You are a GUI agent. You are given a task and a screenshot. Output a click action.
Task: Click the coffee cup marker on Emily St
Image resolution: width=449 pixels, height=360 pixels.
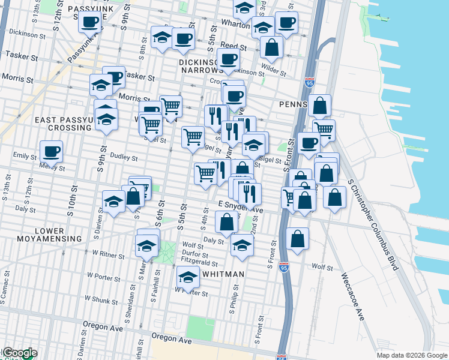51,151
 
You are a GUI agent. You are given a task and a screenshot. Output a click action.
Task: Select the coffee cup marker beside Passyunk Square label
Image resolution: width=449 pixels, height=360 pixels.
90,23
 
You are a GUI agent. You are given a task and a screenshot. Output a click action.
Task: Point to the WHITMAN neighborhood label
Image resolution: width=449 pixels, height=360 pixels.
223,274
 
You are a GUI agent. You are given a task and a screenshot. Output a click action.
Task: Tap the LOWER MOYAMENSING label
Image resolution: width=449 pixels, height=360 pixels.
58,235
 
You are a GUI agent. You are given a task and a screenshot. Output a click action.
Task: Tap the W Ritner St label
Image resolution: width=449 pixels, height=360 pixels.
105,256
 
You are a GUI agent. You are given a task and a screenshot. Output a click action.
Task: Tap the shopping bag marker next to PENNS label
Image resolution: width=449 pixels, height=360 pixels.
321,106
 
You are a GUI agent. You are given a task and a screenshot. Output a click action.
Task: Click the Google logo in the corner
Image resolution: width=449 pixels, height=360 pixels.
19,353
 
